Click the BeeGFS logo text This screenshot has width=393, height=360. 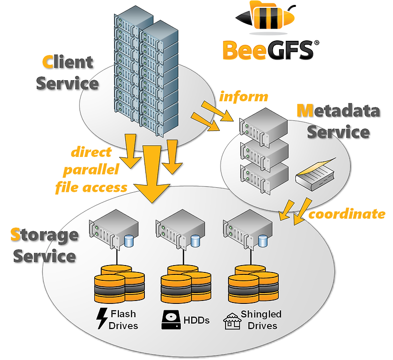(267, 50)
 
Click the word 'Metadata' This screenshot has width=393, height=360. (338, 111)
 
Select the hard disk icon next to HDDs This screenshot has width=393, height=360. (168, 320)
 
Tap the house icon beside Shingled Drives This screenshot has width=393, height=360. (231, 321)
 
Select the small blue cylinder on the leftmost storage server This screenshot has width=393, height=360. (129, 241)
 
